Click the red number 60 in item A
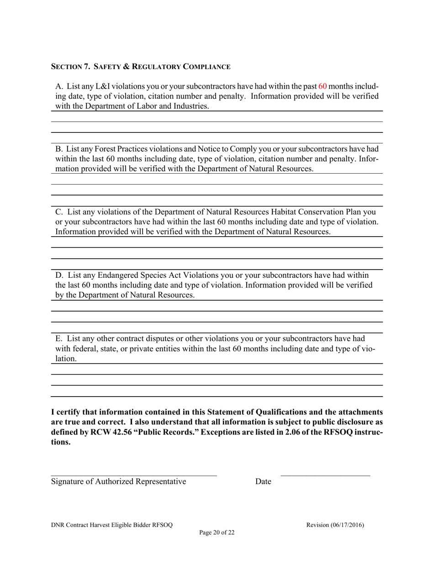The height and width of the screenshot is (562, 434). coord(322,86)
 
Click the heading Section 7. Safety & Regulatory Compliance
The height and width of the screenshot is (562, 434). coord(140,67)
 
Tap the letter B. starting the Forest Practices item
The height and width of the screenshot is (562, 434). coord(59,149)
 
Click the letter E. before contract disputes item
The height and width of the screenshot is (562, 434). coord(59,339)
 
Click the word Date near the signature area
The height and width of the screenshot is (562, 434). coord(263,482)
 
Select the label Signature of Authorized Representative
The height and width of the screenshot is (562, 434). coord(119,482)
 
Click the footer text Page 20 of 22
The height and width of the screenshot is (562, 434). coord(217,532)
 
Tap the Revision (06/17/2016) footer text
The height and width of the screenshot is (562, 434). coord(335,525)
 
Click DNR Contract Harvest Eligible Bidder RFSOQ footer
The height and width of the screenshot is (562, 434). coord(112,525)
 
